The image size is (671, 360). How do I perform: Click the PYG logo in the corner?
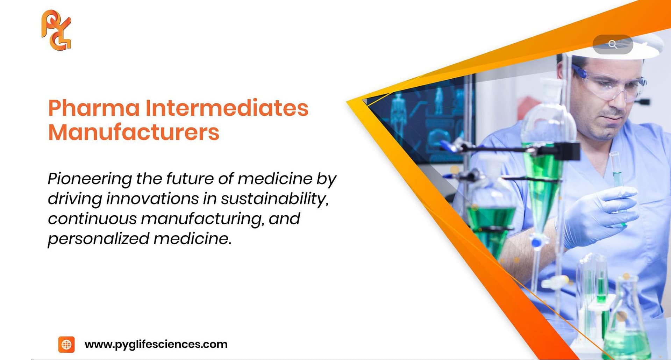[x=56, y=30]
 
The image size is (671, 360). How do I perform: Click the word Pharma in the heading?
[x=94, y=108]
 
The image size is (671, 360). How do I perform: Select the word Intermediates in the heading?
[x=227, y=108]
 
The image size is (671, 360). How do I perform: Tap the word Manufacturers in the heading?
[x=134, y=132]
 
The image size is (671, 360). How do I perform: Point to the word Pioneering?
[x=90, y=179]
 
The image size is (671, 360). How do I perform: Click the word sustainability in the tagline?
[x=274, y=199]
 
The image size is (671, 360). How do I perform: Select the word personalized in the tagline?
[x=98, y=239]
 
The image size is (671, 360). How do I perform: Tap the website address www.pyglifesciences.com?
[x=156, y=344]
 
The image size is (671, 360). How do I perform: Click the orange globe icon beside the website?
[x=66, y=345]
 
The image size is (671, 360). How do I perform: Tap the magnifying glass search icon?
[x=613, y=44]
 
